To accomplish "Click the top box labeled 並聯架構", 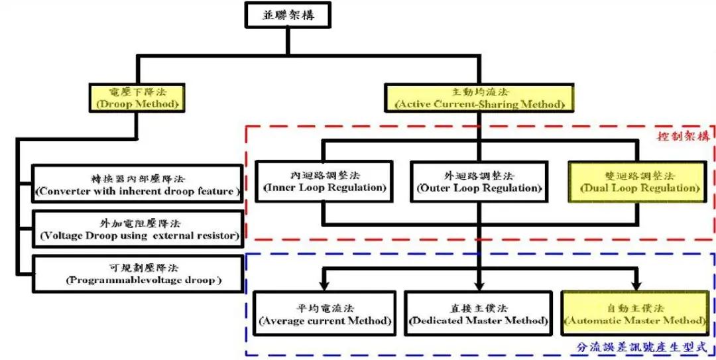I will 287,15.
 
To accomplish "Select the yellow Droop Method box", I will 137,98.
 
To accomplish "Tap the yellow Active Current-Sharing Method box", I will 479,98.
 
